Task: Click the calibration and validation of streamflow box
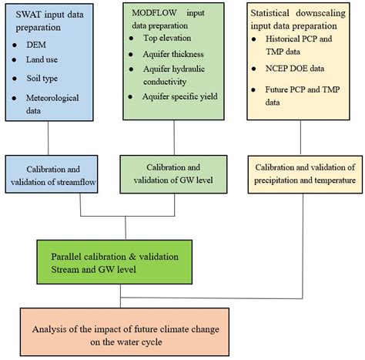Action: click(x=52, y=176)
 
